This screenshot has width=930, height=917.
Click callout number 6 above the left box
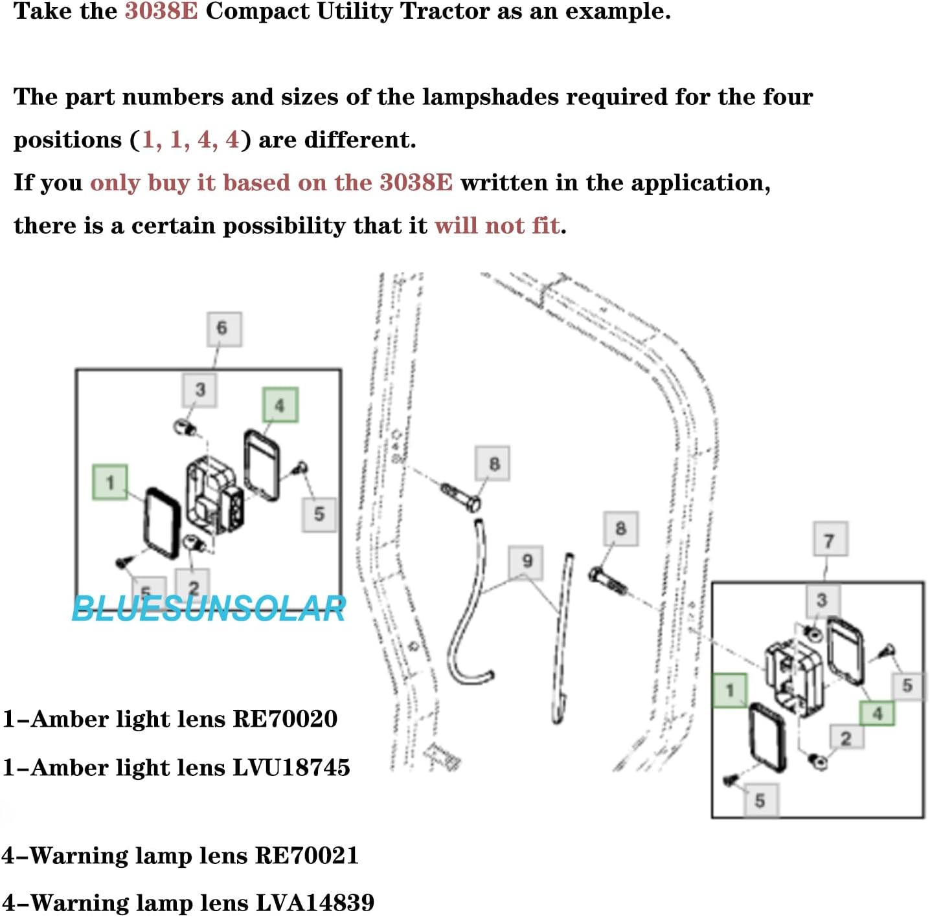(x=225, y=329)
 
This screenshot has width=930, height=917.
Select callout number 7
(x=830, y=539)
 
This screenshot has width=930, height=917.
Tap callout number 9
(x=526, y=562)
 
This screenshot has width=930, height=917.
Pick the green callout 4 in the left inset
(x=280, y=404)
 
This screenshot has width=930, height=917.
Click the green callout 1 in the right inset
(x=730, y=691)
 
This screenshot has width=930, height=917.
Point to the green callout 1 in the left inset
(x=110, y=482)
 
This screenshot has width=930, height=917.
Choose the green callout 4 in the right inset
(x=877, y=713)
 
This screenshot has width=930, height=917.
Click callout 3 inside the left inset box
(x=200, y=390)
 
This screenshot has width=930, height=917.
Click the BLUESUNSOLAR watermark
(x=209, y=609)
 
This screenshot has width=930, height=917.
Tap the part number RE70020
(x=285, y=719)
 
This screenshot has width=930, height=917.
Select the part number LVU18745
(x=291, y=768)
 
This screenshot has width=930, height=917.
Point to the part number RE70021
(x=307, y=856)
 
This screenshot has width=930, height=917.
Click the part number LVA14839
(x=315, y=903)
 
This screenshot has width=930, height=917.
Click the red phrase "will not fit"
(x=497, y=226)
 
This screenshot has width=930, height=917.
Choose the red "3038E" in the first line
(x=161, y=12)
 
